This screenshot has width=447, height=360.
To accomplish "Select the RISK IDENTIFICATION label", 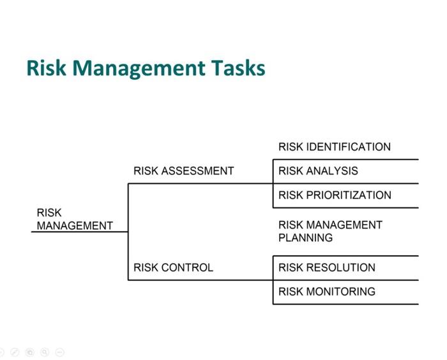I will coord(334,147).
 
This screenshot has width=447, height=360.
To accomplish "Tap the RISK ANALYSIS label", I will coord(318,171).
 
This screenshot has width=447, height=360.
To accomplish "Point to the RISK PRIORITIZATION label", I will coord(335,195).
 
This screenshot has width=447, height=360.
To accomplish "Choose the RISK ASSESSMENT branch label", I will coord(183,171).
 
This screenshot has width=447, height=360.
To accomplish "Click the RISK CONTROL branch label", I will coord(173,267).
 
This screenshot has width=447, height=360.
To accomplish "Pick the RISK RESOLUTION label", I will coord(326,267).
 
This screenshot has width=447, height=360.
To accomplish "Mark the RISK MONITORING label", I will coord(326,292).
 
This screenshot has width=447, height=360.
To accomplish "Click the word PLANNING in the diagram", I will coord(305,238).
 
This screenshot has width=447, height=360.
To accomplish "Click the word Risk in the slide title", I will coord(46,68).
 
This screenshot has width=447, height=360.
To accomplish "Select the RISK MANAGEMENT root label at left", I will coord(74,219).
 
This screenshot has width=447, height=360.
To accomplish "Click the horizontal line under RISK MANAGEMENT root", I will coord(80,232).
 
